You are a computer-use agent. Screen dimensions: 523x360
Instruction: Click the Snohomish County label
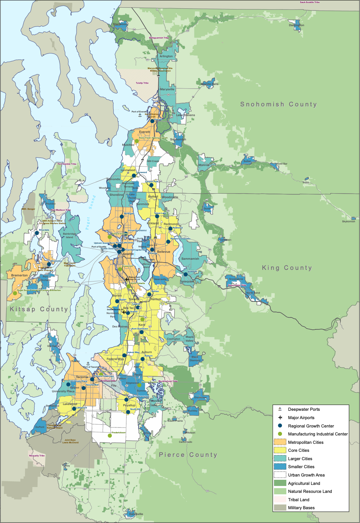278,105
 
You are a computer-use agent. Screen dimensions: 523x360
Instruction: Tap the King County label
287,268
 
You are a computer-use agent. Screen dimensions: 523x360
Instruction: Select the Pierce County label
188,455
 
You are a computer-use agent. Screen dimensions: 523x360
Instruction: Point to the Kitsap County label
39,309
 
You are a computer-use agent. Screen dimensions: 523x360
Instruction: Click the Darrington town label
296,25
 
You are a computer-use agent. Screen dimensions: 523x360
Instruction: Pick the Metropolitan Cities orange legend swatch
280,442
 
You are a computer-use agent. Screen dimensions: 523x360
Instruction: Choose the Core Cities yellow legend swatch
280,450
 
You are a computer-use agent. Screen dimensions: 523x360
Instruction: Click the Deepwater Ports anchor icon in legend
280,409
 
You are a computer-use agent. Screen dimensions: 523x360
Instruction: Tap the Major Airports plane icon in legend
280,418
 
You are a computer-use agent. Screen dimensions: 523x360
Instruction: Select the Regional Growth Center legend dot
280,426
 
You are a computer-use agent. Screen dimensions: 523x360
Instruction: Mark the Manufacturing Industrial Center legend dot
280,434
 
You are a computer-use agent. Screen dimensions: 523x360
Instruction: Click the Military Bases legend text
301,508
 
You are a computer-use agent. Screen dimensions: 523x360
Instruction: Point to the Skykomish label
348,222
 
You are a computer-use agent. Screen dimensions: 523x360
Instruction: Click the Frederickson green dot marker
110,435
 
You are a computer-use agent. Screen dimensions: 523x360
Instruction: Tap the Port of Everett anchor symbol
140,115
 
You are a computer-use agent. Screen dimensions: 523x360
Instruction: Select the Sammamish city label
190,259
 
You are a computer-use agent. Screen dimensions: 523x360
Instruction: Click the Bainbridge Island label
69,235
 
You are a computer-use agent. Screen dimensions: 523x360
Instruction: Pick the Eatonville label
136,514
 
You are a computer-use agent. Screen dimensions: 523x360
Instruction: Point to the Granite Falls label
210,84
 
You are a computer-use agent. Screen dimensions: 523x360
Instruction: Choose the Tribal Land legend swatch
280,500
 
